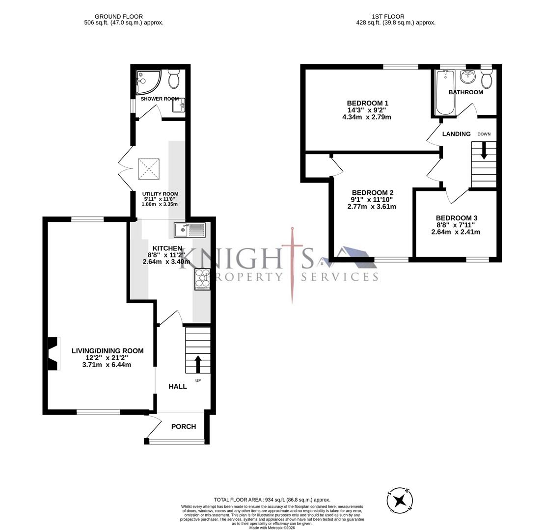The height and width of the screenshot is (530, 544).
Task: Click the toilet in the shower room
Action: (174, 79)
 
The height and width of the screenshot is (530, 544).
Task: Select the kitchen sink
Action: (189, 230)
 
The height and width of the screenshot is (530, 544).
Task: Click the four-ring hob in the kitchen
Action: (202, 279)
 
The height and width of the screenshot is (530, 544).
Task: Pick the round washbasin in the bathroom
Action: (467, 77)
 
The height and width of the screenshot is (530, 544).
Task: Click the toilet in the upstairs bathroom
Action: (487, 79)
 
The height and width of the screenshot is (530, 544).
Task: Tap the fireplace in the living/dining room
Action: (52, 353)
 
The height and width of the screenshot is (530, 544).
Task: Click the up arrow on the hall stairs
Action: (198, 365)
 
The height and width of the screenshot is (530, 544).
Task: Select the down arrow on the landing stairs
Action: (484, 150)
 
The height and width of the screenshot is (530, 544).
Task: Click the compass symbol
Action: (400, 501)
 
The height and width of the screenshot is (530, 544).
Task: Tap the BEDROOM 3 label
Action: (456, 218)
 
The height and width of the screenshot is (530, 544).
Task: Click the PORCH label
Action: (184, 426)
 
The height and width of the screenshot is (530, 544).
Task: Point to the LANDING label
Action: (456, 133)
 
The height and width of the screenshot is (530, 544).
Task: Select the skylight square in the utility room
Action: (149, 169)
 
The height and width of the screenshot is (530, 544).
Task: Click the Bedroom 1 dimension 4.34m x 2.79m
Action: (367, 117)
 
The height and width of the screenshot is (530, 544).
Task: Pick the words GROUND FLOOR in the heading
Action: (119, 17)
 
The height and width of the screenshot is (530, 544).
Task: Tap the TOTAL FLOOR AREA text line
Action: (272, 500)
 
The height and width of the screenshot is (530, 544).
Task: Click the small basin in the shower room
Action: (179, 105)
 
